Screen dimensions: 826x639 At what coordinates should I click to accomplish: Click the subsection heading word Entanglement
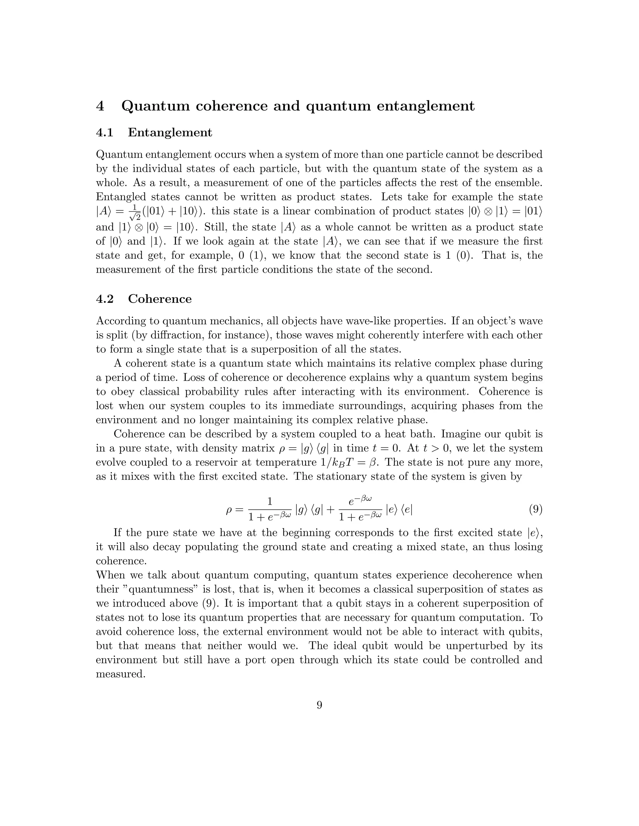coord(170,132)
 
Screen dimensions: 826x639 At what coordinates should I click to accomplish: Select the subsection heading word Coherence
coord(160,299)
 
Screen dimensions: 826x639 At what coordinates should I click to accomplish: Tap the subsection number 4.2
coord(105,299)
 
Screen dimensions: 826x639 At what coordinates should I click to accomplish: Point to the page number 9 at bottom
coord(319,705)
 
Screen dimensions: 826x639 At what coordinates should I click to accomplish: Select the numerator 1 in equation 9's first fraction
coord(270,502)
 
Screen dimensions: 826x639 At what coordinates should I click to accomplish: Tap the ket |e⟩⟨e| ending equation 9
coord(399,510)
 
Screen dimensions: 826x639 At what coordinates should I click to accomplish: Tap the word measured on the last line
coord(120,674)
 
